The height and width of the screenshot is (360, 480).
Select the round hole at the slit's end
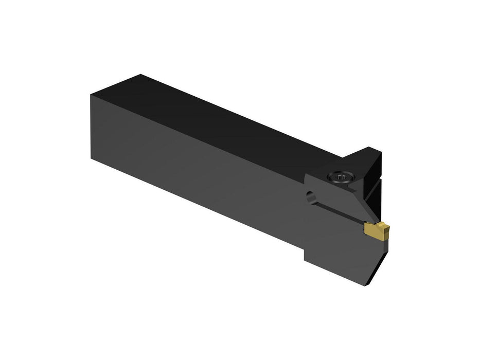tap(310, 195)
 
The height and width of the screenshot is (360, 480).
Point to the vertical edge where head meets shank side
tap(305, 216)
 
